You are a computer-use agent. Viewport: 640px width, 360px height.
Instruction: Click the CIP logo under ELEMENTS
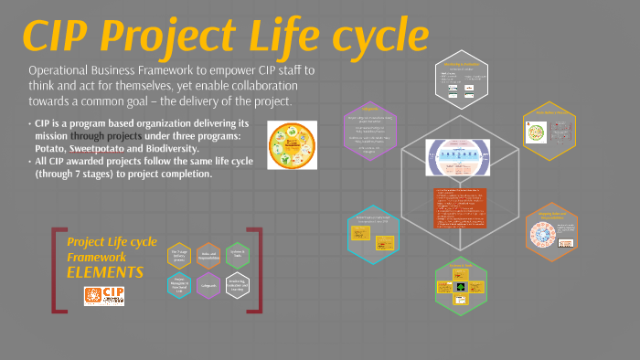pos(103,295)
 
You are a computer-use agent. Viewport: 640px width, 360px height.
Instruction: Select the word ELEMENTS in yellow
pos(105,272)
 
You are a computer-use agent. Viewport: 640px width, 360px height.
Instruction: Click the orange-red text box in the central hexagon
pos(460,210)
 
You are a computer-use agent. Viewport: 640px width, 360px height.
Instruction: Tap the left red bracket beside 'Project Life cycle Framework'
pos(58,270)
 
